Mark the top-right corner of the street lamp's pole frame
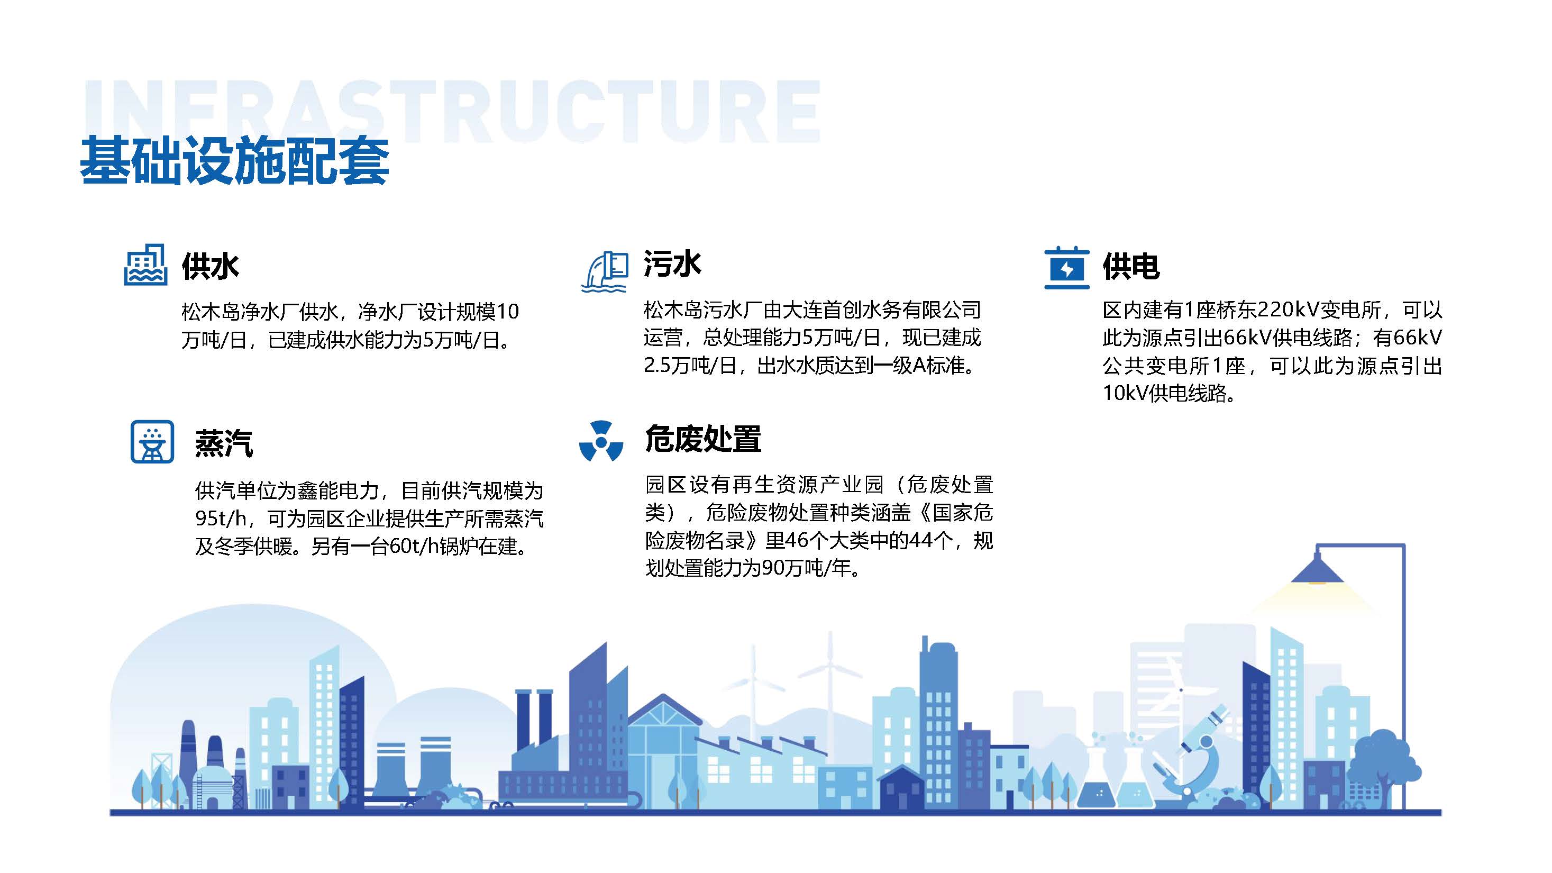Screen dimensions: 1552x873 coord(1404,545)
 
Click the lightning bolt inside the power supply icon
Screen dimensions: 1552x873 coord(1067,269)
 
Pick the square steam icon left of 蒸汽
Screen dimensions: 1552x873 coord(152,442)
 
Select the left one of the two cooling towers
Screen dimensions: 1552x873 coord(390,772)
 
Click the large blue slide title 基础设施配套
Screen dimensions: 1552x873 coord(234,160)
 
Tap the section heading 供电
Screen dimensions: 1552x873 coord(1131,266)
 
